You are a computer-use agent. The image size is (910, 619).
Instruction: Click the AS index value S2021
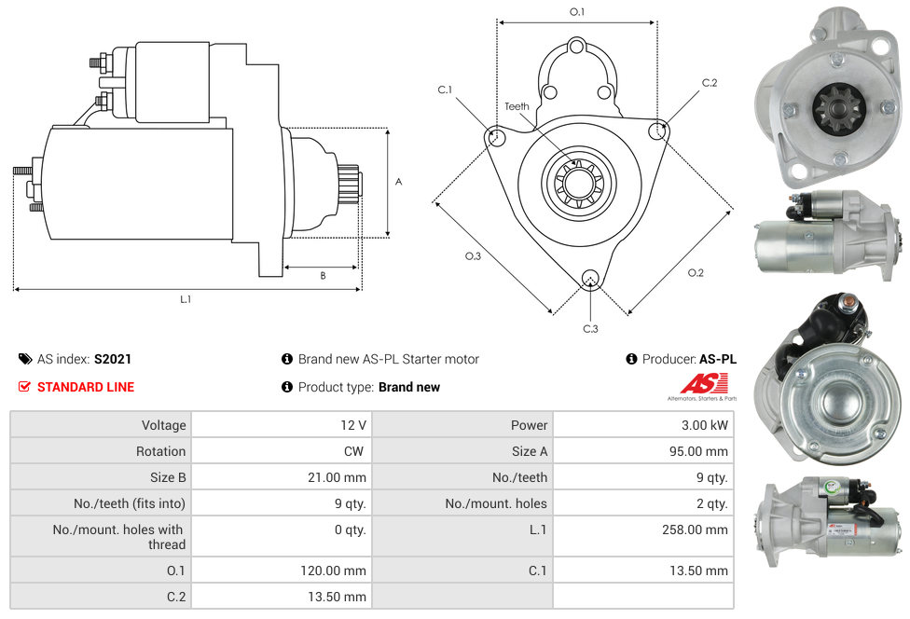tap(114, 359)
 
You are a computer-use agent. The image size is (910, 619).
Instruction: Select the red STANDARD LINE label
tap(85, 387)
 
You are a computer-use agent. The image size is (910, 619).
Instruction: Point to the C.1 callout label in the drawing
tap(445, 90)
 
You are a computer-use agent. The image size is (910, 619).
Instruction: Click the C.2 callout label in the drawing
tap(710, 83)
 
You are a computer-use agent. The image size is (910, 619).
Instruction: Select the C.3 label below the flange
tap(590, 328)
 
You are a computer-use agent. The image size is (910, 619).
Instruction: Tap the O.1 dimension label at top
tap(577, 12)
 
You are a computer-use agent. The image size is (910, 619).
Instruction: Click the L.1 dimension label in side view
tap(186, 299)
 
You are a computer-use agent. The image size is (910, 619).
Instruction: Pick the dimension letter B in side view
tap(323, 276)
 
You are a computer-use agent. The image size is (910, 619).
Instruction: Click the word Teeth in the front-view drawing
tap(517, 106)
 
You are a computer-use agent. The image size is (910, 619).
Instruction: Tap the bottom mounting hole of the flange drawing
tap(589, 278)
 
